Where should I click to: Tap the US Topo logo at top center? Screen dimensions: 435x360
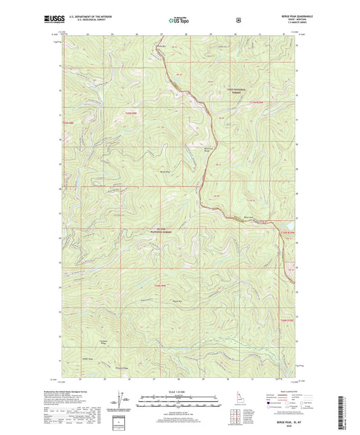click(x=179, y=21)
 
